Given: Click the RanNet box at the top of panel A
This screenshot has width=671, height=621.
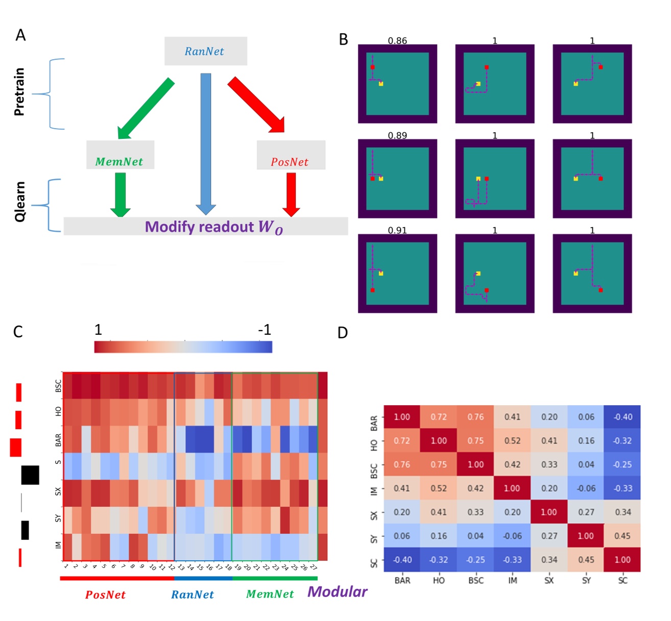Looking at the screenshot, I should tap(205, 51).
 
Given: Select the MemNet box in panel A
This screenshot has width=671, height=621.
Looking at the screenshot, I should tap(120, 156).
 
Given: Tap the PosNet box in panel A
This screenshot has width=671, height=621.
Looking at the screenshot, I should tap(290, 156).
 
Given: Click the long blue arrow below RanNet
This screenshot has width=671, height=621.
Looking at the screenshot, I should tap(206, 143).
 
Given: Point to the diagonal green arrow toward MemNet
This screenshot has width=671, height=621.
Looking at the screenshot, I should tap(146, 108).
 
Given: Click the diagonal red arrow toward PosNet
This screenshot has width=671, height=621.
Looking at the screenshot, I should tap(257, 105).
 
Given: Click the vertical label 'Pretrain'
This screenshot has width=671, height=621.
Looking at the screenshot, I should tap(19, 92).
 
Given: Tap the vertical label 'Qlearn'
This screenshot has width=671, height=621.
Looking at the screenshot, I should tap(19, 202).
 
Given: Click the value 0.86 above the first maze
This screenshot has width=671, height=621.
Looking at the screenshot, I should tap(397, 41).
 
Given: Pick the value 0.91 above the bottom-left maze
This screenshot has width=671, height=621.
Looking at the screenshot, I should tap(397, 230).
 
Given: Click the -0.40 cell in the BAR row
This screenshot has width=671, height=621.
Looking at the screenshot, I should tap(622, 417).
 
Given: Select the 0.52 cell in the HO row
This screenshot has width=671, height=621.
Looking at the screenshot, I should tap(512, 441).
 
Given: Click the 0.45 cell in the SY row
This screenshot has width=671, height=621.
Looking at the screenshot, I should tap(622, 536).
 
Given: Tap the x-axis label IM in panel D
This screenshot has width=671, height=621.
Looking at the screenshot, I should tap(512, 581).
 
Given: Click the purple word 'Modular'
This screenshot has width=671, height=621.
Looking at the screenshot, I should tap(337, 592).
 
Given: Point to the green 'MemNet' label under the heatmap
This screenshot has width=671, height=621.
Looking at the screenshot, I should tap(270, 594).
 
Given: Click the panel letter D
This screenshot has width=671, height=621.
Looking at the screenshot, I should tap(343, 333).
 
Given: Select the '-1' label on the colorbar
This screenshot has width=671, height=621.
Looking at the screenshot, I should tap(264, 330).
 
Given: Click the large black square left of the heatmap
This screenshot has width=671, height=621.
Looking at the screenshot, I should tap(30, 475).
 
